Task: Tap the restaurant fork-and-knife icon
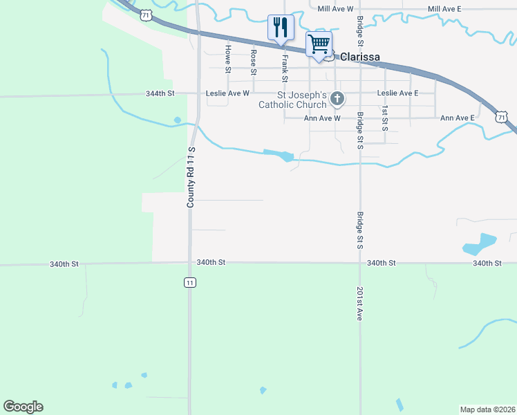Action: tap(281, 28)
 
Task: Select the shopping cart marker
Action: tap(319, 44)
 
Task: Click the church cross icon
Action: tap(337, 99)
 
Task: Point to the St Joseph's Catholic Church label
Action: tap(292, 100)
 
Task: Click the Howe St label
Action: tap(227, 59)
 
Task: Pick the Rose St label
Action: tap(254, 62)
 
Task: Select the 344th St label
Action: tap(161, 93)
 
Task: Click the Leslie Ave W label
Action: tap(227, 93)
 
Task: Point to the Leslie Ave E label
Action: tap(397, 93)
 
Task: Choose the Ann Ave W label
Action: tap(323, 118)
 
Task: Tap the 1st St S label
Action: tap(385, 119)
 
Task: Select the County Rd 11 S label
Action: tap(191, 177)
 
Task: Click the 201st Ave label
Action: tap(359, 303)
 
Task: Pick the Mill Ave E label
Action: tap(444, 8)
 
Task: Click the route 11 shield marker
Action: tap(189, 282)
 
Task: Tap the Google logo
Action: tap(23, 407)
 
